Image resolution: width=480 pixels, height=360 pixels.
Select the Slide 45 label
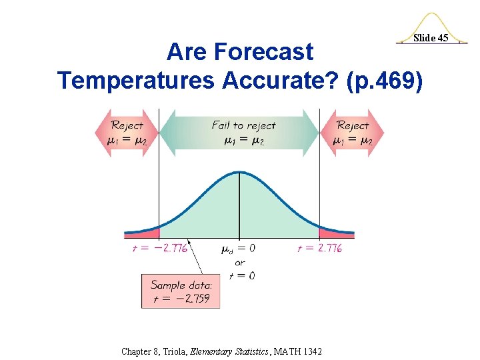pos(431,38)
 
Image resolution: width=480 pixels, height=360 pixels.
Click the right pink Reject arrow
pos(353,132)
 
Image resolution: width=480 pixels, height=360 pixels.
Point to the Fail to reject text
pos(243,125)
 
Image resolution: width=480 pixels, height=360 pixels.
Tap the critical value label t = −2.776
pos(159,248)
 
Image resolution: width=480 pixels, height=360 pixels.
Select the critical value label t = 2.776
pos(319,248)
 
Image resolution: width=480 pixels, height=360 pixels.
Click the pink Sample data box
pos(180,291)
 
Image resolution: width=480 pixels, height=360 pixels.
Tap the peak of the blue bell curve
pos(239,174)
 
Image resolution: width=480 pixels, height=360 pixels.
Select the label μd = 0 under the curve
pos(238,249)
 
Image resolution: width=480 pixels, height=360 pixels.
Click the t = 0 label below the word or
pos(240,275)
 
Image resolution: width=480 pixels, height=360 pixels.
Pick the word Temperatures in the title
pos(136,80)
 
